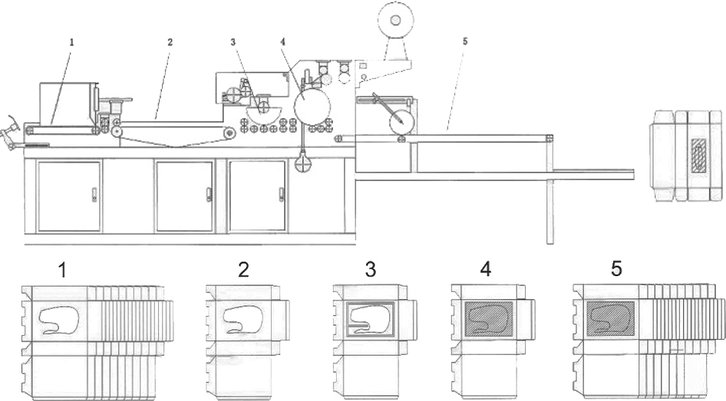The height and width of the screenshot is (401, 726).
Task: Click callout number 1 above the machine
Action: [x=72, y=42]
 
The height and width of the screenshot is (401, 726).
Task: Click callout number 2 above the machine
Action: [x=170, y=42]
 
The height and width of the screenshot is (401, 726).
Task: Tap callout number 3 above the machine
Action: [x=233, y=42]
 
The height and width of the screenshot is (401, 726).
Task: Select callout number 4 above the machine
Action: [x=282, y=41]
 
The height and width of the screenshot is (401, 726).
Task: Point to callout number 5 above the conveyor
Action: [x=465, y=41]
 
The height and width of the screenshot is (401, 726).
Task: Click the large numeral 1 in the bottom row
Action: [x=62, y=270]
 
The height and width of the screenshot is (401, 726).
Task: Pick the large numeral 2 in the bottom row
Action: [x=243, y=270]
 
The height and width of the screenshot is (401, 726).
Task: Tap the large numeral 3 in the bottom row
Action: [x=371, y=270]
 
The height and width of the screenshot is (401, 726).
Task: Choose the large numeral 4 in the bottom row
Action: [x=486, y=269]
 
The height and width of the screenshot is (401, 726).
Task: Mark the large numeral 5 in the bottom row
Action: [x=616, y=268]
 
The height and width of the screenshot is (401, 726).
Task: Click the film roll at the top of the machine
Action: [x=395, y=20]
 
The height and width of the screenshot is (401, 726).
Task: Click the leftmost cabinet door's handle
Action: [x=94, y=195]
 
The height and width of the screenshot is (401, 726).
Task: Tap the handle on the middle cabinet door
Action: [x=209, y=195]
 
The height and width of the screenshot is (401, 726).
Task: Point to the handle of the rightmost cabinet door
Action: [x=281, y=195]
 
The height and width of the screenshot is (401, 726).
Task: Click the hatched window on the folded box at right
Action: [x=699, y=156]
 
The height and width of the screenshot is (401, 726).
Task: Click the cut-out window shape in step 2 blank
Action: [x=243, y=320]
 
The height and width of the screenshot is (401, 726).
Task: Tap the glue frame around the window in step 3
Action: [x=371, y=319]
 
